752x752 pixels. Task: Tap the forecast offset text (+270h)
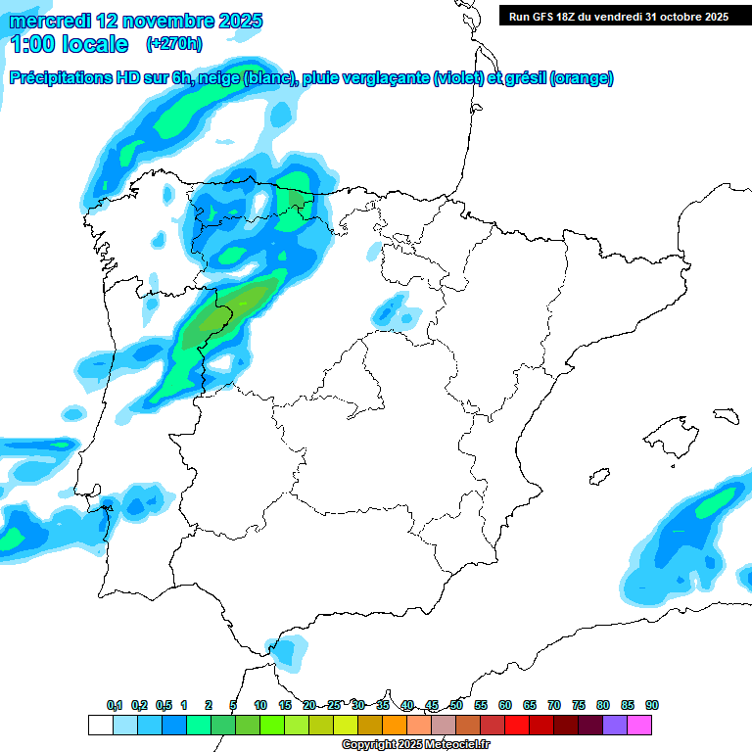coord(173,43)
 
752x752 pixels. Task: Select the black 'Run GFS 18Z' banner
coord(618,16)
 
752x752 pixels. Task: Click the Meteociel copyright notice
coord(415,745)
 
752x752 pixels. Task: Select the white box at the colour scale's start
coord(100,725)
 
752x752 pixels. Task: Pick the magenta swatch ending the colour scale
coord(639,725)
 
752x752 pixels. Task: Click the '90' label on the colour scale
coord(652,705)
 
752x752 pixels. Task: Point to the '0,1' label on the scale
coord(115,705)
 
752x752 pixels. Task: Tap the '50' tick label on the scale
coord(456,705)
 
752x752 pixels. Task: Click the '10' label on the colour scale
coord(260,705)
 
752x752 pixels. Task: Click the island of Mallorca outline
coord(669,431)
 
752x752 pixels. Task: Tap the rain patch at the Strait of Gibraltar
coord(287,650)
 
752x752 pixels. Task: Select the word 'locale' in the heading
coord(94,43)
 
